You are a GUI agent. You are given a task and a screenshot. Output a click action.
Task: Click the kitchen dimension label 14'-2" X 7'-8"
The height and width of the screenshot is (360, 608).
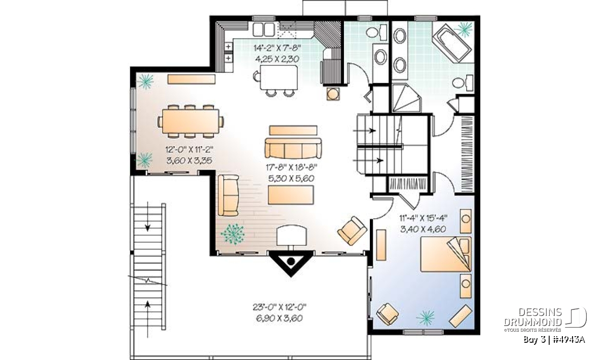pyautogui.click(x=277, y=48)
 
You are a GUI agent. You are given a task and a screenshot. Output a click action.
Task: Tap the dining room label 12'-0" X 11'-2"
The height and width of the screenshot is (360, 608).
pyautogui.click(x=189, y=149)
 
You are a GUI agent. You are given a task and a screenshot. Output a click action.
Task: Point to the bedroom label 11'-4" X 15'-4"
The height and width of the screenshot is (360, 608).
pyautogui.click(x=423, y=218)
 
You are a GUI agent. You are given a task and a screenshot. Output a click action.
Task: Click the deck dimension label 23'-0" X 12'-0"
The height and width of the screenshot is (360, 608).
pyautogui.click(x=280, y=307)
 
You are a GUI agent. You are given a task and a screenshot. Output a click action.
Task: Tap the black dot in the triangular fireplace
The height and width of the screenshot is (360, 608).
pyautogui.click(x=291, y=262)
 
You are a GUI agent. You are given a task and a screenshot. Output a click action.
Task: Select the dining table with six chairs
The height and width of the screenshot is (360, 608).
pyautogui.click(x=191, y=122)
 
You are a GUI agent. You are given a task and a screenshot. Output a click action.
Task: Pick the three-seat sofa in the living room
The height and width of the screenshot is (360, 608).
pyautogui.click(x=293, y=148)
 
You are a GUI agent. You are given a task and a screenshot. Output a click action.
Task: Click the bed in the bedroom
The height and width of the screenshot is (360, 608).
pyautogui.click(x=446, y=254)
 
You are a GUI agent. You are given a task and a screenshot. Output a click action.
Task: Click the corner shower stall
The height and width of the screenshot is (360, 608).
pyautogui.click(x=406, y=98)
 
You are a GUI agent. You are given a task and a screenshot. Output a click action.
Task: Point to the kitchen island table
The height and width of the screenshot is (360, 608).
pyautogui.click(x=279, y=77)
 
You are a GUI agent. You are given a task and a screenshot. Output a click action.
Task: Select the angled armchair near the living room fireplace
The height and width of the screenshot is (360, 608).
pyautogui.click(x=352, y=230)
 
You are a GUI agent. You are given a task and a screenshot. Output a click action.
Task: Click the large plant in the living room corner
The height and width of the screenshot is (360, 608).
pyautogui.click(x=233, y=234)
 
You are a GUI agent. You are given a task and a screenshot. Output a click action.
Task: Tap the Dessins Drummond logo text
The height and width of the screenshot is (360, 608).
pyautogui.click(x=533, y=317)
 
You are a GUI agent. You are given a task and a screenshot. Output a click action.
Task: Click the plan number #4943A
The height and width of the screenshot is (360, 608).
pyautogui.click(x=568, y=340)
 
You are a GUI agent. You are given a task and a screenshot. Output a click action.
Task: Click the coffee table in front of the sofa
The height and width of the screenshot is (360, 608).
pyautogui.click(x=291, y=195)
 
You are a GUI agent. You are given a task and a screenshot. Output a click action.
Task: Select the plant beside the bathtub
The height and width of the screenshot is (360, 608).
pyautogui.click(x=465, y=29)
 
